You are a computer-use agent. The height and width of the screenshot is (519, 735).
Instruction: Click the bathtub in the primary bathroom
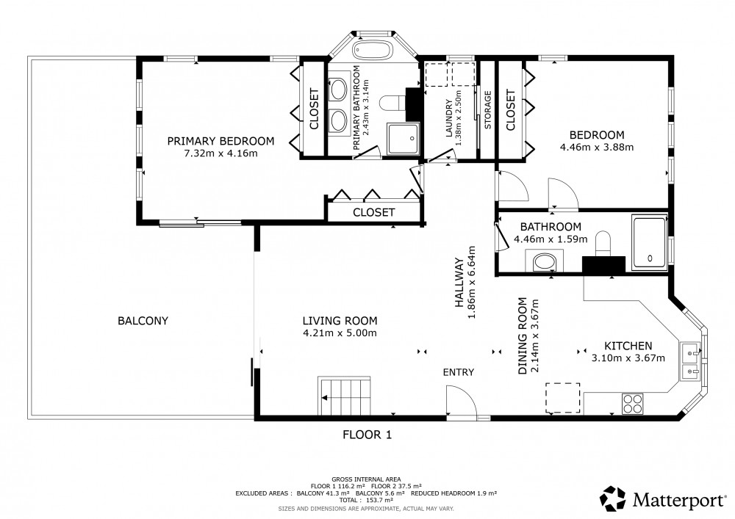point(372,51)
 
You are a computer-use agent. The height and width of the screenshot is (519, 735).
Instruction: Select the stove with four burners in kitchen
point(632,404)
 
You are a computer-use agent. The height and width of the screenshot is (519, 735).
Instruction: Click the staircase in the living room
point(344,396)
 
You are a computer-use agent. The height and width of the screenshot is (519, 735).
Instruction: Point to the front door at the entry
point(461,401)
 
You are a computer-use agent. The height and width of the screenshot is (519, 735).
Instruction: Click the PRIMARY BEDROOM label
point(220,141)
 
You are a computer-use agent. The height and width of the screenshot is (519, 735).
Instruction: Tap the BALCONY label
point(143,321)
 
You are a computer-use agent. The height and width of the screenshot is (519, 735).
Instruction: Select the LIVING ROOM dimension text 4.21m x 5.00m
point(340,333)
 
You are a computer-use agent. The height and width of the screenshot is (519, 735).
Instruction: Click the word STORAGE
point(487,110)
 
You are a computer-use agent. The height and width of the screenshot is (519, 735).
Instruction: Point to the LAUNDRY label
point(449,118)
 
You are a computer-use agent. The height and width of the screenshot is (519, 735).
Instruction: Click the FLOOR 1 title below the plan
point(367,435)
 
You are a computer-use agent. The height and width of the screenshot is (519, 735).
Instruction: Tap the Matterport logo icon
point(613,499)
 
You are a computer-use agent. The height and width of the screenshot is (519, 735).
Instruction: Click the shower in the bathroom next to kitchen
point(649,242)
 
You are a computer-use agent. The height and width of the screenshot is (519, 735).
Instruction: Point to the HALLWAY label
point(459,283)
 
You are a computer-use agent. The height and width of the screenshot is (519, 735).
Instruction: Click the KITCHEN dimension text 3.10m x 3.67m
point(628,358)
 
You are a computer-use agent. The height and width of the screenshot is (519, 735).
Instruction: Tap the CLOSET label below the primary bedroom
point(373,212)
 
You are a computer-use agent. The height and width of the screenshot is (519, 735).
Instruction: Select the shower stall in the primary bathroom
point(404,139)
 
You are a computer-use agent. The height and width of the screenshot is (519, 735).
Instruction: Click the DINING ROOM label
point(523,336)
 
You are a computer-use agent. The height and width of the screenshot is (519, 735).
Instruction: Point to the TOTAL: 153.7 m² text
point(366,500)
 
